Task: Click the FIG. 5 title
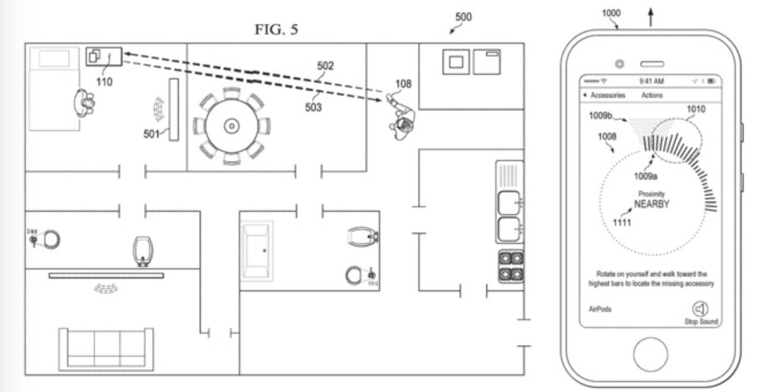(x=277, y=29)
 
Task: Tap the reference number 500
(x=463, y=17)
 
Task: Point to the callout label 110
(x=104, y=82)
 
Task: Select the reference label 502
(x=325, y=66)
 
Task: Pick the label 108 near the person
(x=403, y=84)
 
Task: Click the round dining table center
(x=231, y=125)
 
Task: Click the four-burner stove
(x=510, y=266)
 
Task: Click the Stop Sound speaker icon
(x=701, y=309)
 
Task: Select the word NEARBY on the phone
(x=651, y=204)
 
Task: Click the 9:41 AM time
(x=651, y=81)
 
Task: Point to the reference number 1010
(x=696, y=109)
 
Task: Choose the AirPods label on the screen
(x=600, y=309)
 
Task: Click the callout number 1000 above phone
(x=611, y=13)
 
